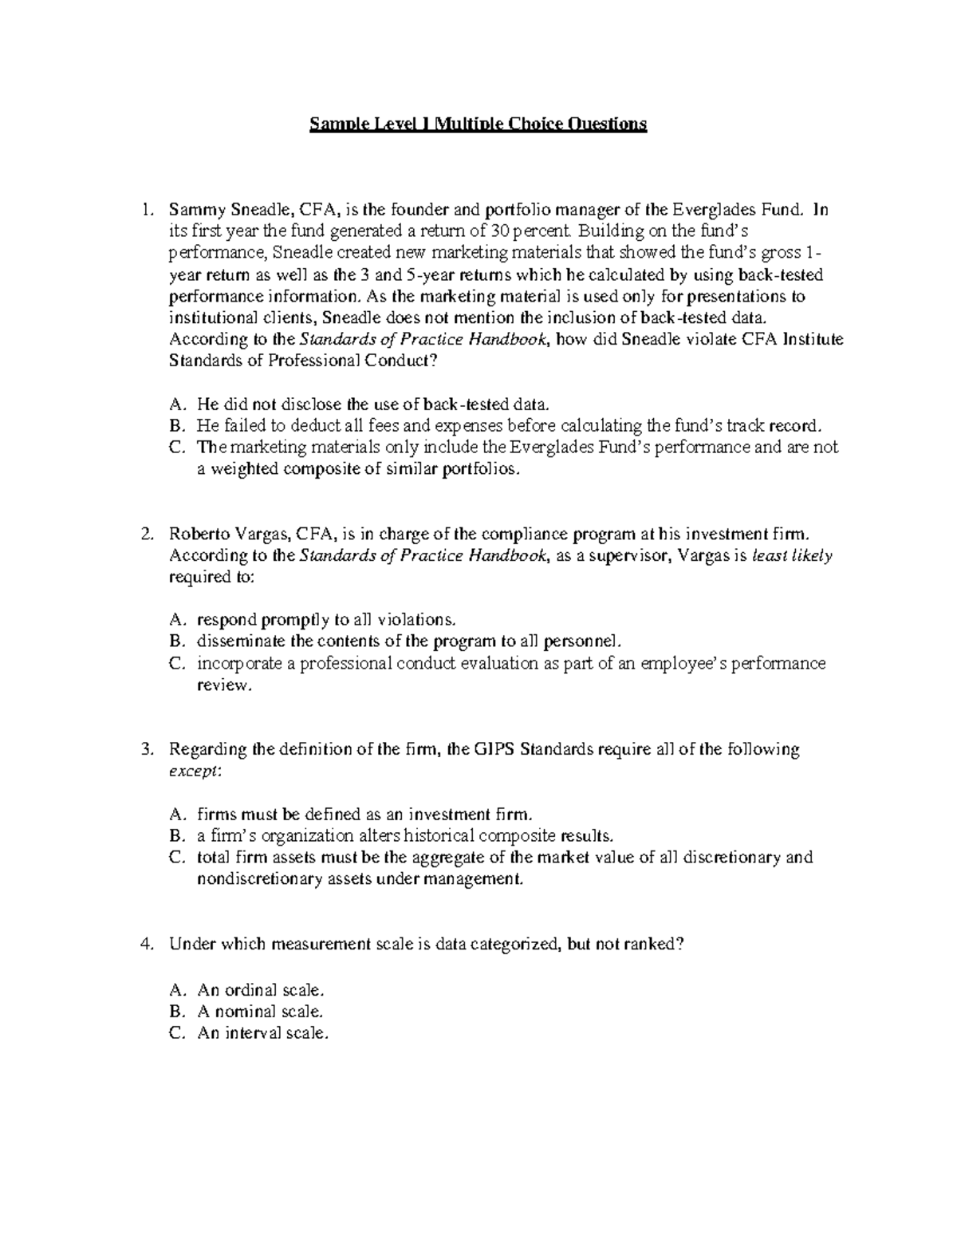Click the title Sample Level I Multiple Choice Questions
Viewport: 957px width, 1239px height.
pos(478,124)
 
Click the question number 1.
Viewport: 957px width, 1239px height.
pos(144,211)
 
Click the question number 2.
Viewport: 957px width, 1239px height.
pos(144,534)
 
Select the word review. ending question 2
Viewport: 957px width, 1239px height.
pos(223,685)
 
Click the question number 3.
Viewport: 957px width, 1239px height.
pos(144,749)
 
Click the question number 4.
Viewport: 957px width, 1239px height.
pos(144,944)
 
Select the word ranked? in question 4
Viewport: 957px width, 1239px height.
pos(654,944)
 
